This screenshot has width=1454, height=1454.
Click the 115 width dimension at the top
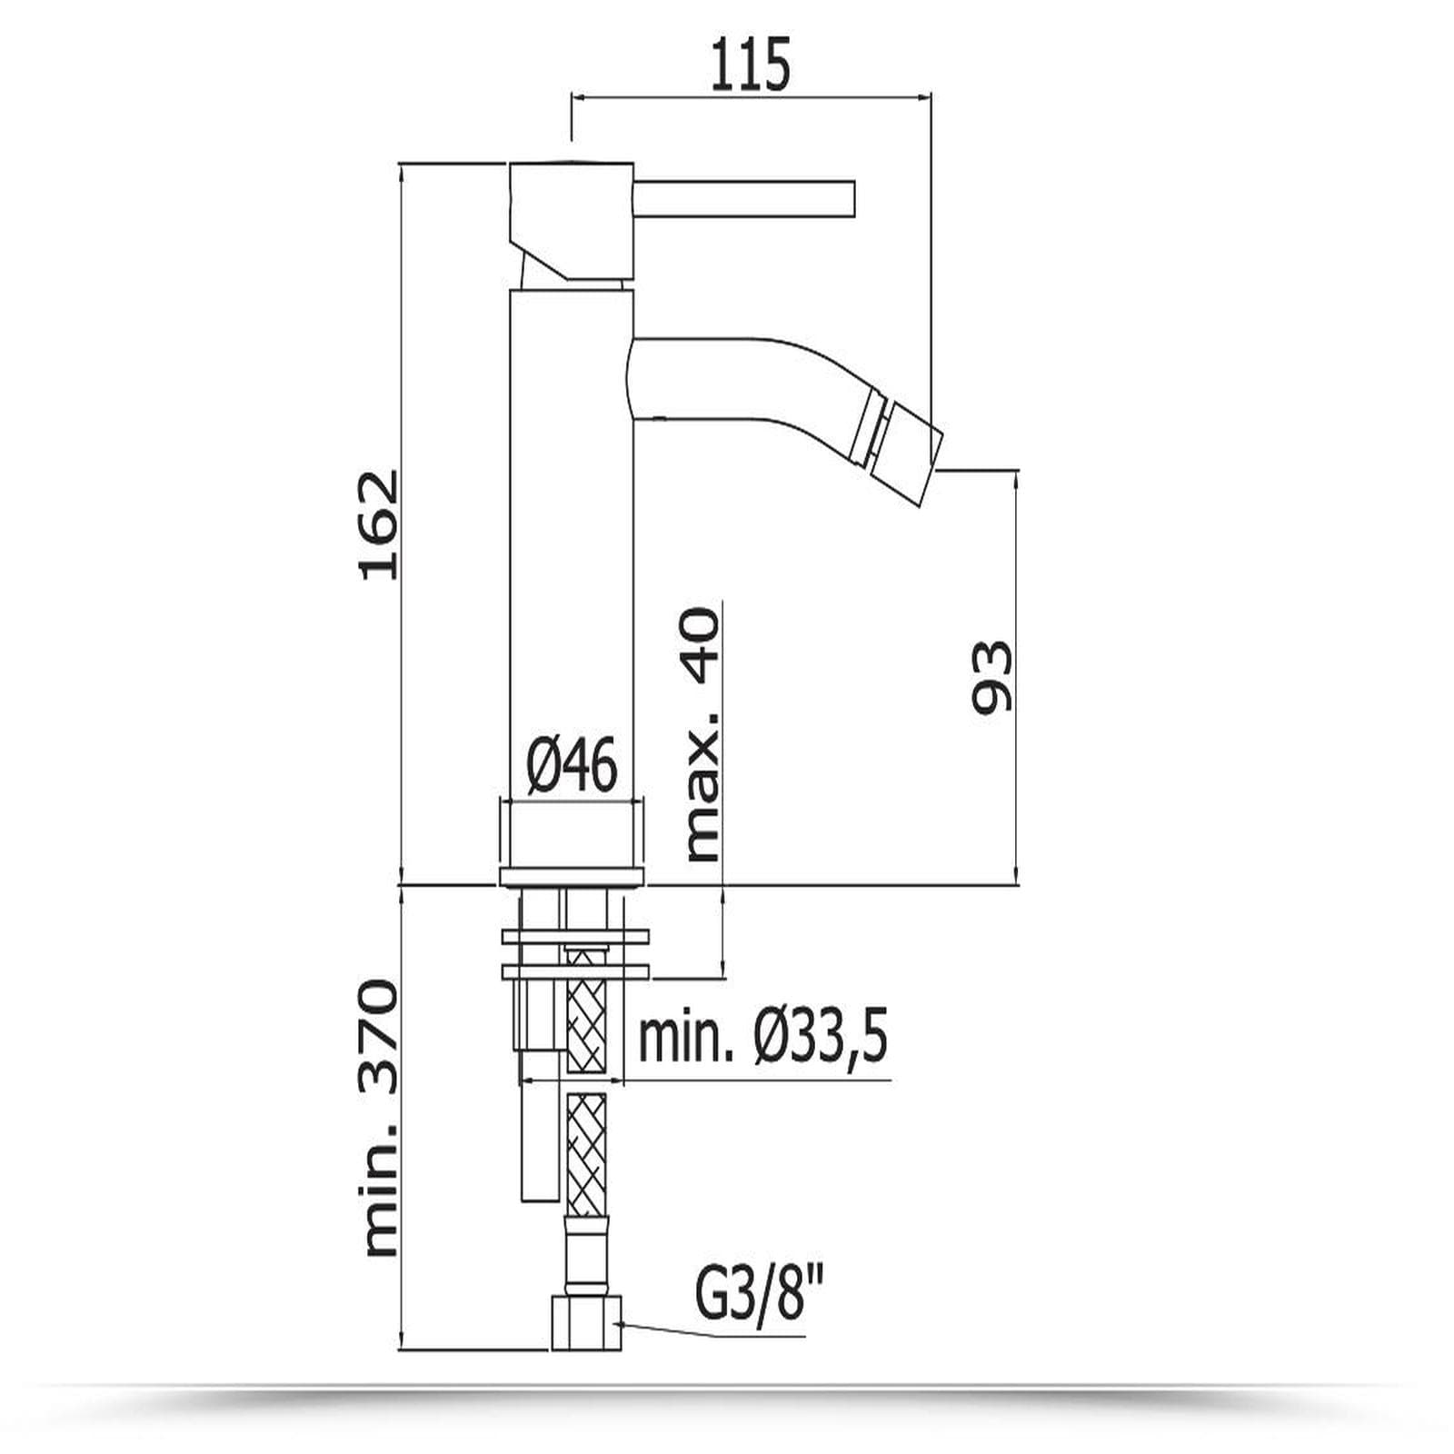[x=751, y=65]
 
